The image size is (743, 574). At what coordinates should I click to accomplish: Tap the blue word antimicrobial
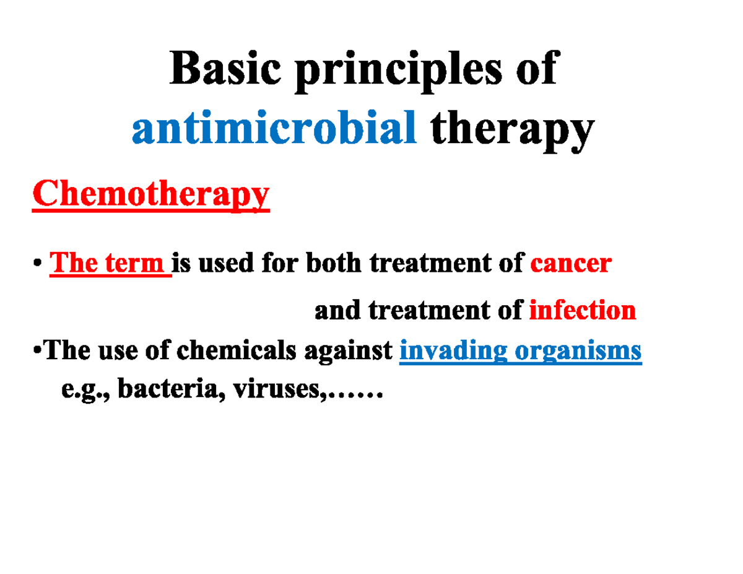coord(273,128)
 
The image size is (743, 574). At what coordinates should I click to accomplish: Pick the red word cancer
coord(571,264)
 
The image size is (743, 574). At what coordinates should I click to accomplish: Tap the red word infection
coord(582,310)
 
